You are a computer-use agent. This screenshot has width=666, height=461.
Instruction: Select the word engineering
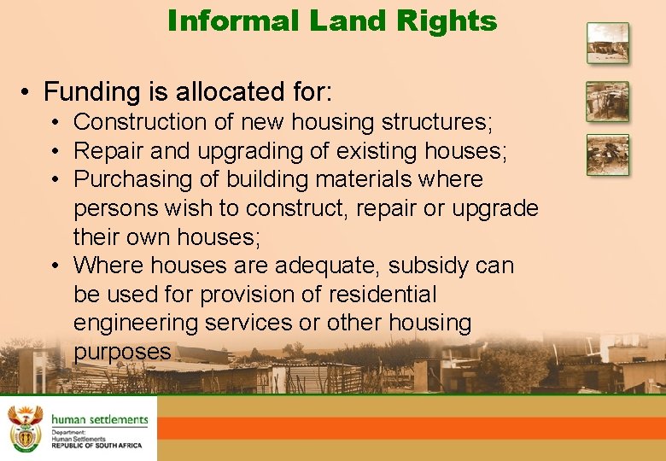[127, 324]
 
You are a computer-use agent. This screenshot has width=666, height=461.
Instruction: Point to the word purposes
[122, 352]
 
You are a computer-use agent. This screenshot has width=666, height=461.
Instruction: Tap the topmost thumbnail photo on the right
[607, 43]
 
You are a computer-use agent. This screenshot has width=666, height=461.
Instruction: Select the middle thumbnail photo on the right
[607, 102]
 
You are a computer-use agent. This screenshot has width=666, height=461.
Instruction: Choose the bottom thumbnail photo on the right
[607, 155]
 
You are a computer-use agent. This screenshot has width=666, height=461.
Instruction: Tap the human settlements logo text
[99, 419]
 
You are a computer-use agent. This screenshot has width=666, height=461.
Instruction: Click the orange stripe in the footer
[410, 428]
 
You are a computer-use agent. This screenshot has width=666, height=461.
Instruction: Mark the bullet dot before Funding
[28, 91]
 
